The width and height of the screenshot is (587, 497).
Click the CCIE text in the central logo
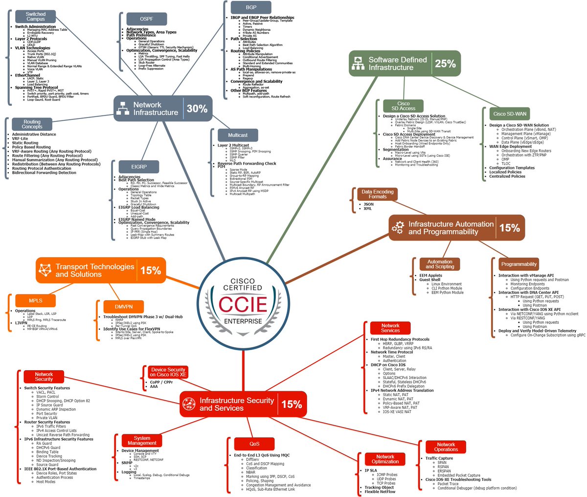[x=243, y=305]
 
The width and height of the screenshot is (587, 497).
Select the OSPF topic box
[x=147, y=19]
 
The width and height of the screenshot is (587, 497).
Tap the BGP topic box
[x=250, y=7]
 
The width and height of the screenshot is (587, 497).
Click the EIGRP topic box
[x=139, y=166]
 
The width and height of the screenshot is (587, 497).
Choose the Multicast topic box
[x=238, y=135]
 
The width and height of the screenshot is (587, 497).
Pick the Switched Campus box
[x=36, y=17]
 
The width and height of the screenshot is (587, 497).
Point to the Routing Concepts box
[x=32, y=124]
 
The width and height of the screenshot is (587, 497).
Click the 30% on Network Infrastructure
[x=197, y=109]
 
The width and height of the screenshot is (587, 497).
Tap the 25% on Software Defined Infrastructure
[x=445, y=64]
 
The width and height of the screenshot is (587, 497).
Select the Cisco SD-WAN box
[x=510, y=114]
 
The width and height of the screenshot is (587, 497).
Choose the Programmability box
[x=519, y=264]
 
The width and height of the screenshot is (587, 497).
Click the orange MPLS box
[x=36, y=300]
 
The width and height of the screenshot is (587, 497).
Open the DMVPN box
[x=123, y=307]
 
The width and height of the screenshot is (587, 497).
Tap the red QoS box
[x=254, y=444]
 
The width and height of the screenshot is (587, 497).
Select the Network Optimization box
[x=385, y=459]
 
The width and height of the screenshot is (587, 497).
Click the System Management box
[x=142, y=440]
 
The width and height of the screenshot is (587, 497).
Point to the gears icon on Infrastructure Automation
[x=397, y=228]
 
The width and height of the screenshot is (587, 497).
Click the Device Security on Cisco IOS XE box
[x=168, y=372]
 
